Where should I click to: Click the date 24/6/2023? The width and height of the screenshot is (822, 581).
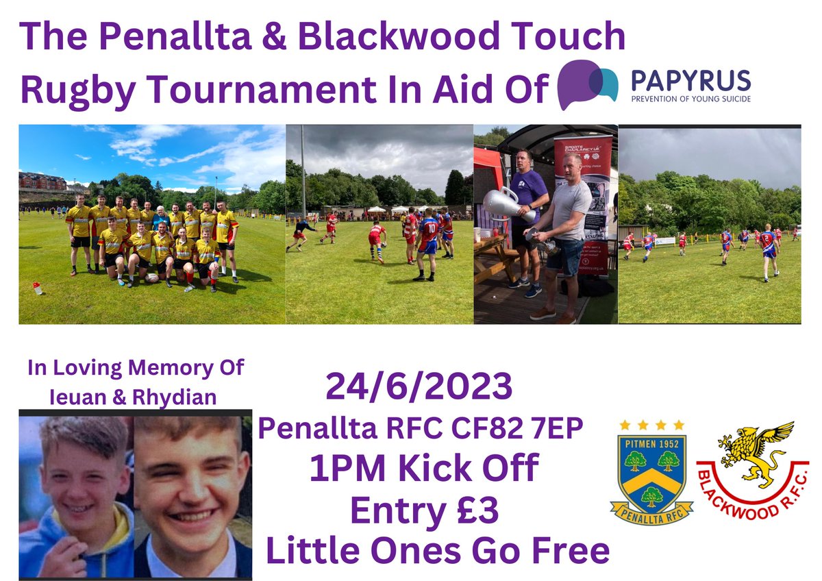click(419, 387)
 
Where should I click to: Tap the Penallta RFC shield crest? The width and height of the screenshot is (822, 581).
click(651, 473)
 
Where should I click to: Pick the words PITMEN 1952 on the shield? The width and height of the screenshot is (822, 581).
click(651, 443)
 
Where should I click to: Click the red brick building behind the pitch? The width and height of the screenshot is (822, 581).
click(42, 181)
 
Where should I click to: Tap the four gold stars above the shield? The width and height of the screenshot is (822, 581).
click(651, 425)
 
